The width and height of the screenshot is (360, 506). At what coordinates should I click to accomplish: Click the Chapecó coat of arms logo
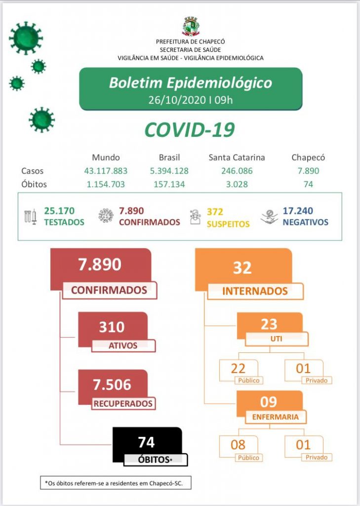(191, 27)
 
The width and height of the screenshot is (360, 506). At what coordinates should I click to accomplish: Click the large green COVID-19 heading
(190, 129)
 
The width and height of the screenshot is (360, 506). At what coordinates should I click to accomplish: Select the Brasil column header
(169, 158)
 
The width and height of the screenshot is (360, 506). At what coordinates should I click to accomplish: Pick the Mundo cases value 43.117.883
(106, 171)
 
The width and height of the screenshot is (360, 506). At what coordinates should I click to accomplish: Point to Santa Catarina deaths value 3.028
(237, 184)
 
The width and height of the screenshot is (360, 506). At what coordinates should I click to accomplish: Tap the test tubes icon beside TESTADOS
(30, 217)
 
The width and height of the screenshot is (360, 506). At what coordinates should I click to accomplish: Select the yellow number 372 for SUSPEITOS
(215, 211)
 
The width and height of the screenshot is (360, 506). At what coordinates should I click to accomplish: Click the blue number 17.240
(298, 211)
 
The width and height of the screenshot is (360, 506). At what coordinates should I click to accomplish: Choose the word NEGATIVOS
(305, 222)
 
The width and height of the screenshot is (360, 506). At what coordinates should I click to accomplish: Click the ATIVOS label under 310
(123, 345)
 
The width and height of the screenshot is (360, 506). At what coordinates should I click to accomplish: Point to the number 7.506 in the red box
(112, 384)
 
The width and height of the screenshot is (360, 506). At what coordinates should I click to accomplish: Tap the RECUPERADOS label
(123, 403)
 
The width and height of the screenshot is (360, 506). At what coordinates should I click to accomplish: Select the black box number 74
(146, 441)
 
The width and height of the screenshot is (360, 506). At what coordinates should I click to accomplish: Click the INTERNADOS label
(255, 291)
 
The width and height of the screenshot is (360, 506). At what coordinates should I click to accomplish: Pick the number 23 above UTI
(269, 324)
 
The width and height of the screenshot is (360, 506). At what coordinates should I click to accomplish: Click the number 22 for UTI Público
(238, 368)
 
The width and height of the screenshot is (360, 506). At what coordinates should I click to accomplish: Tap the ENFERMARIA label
(275, 417)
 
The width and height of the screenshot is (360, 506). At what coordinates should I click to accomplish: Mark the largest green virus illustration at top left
(26, 38)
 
